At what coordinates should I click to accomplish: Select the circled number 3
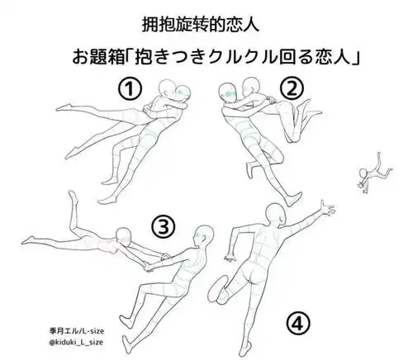click(x=164, y=225)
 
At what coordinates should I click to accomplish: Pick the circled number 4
click(x=298, y=323)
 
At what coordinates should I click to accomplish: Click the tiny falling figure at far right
click(x=368, y=171)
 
